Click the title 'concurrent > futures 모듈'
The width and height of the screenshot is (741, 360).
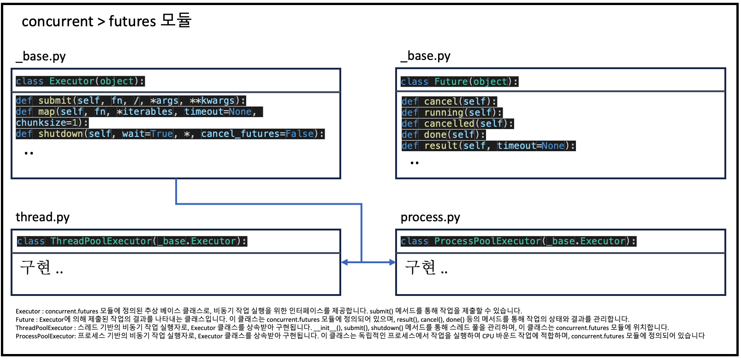click(x=107, y=21)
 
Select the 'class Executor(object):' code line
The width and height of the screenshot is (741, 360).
click(x=80, y=81)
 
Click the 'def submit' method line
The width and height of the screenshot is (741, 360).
click(x=130, y=100)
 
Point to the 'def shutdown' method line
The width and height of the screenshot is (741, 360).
click(x=170, y=134)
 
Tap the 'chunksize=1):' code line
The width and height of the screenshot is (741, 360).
click(x=52, y=123)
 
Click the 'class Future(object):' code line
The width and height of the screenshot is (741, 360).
click(x=459, y=82)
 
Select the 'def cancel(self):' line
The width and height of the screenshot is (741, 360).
click(x=449, y=101)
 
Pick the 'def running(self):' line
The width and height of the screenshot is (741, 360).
click(x=451, y=112)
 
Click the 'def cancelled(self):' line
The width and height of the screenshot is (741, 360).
click(x=457, y=124)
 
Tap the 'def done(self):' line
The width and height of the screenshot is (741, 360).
click(x=443, y=135)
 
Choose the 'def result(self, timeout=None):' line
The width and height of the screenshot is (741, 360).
click(x=488, y=146)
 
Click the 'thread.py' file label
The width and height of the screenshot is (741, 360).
click(x=42, y=217)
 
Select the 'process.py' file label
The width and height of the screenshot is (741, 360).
click(x=430, y=217)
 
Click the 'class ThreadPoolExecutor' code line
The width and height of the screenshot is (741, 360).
click(x=132, y=241)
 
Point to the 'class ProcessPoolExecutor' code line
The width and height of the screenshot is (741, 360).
click(x=518, y=241)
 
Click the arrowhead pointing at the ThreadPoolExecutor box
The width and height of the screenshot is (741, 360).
click(x=344, y=262)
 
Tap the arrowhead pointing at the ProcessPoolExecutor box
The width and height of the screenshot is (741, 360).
click(x=392, y=262)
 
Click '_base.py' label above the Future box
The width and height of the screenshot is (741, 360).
click(x=426, y=56)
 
